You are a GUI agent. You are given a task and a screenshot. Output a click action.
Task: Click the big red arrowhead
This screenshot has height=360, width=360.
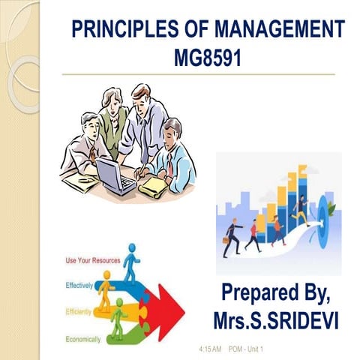172,306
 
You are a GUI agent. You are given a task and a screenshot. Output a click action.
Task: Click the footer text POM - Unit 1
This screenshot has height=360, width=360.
241,350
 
